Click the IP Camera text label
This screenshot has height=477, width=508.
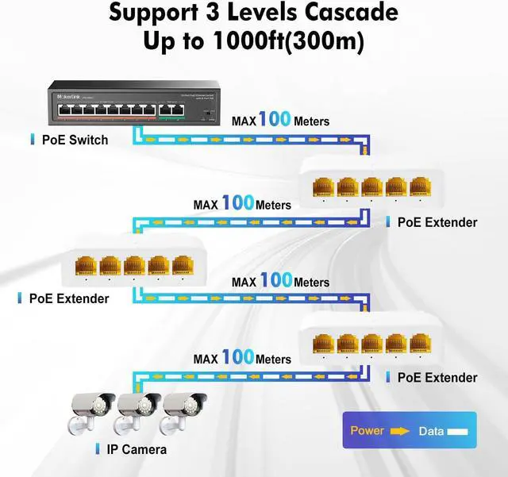coord(136,450)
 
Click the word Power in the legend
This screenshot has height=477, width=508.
coord(367,431)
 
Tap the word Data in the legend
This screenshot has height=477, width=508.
coord(432,431)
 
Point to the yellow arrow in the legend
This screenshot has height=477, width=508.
coord(399,431)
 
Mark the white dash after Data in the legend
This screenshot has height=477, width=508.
coord(459,431)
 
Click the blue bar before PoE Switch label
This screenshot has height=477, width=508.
coord(32,140)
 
